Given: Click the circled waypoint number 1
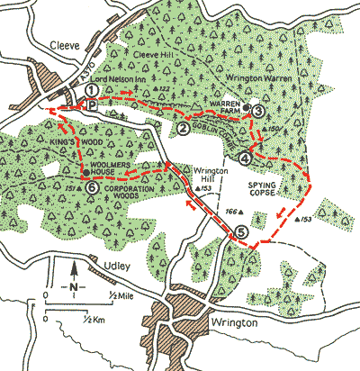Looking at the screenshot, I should point(92,91).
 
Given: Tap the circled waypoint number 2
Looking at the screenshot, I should point(183,129).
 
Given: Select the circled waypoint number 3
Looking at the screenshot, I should point(257,111).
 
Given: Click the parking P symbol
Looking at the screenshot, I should point(92,105).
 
